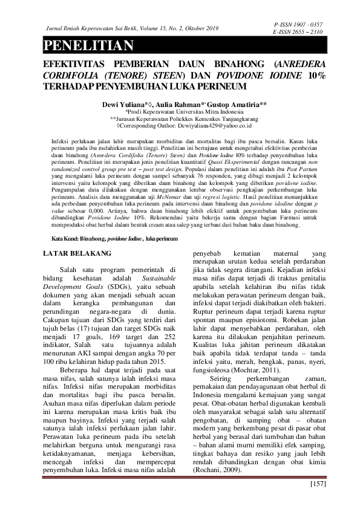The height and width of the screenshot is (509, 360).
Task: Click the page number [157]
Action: [x=318, y=484]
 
